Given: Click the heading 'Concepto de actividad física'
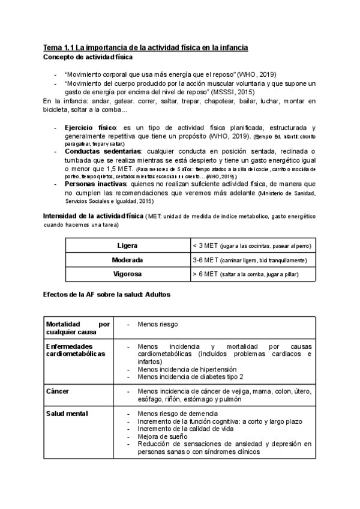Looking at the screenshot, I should click(x=88, y=57).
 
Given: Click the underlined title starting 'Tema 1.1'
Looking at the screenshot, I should click(x=146, y=47).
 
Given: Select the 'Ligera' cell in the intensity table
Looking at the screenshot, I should click(x=128, y=246).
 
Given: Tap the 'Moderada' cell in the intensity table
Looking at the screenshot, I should click(x=128, y=261).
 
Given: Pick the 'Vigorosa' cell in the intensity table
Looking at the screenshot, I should click(x=128, y=274).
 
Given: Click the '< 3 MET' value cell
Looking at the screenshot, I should click(x=251, y=246).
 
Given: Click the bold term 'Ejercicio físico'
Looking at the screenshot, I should click(x=90, y=128).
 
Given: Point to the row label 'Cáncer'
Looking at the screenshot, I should click(x=58, y=391).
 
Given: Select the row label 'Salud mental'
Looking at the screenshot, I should click(x=67, y=414).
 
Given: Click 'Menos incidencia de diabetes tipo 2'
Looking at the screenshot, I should click(x=190, y=377).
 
